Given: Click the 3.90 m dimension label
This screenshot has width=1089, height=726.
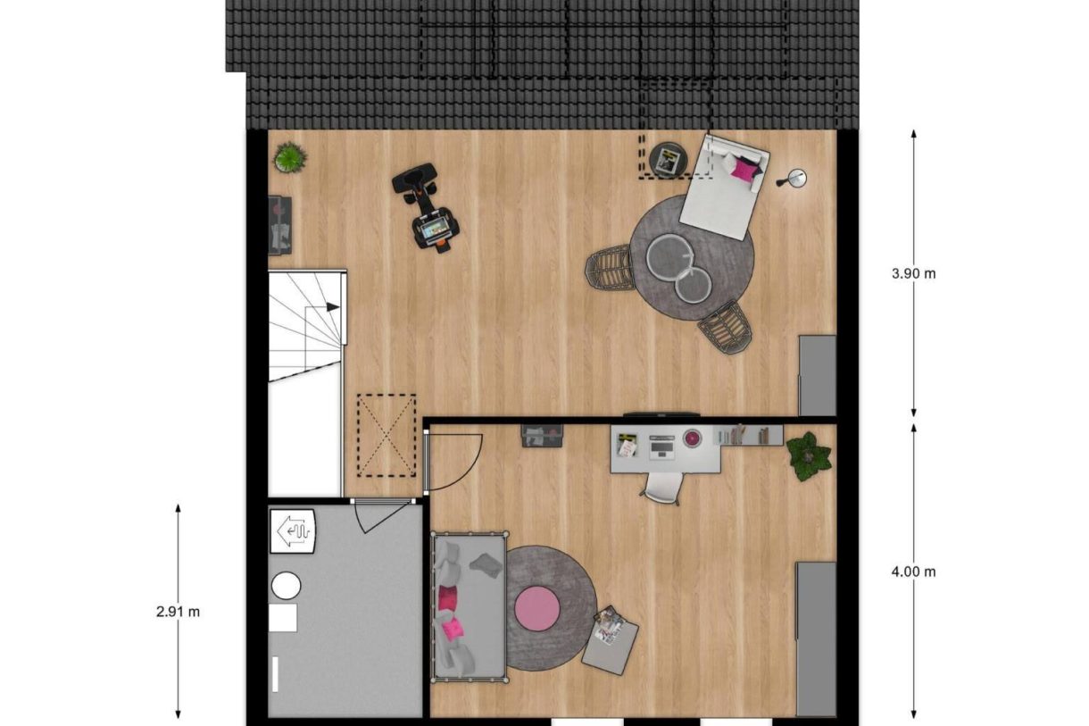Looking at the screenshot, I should (x=913, y=274).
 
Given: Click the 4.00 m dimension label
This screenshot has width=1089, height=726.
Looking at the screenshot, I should (x=913, y=572).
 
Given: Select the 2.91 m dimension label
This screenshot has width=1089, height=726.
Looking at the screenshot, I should (x=178, y=613).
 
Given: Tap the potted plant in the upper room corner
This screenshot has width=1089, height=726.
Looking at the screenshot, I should (x=289, y=158).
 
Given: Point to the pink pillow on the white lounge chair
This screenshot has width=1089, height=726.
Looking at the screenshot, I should (x=743, y=167).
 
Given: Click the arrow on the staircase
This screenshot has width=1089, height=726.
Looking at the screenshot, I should (x=331, y=307).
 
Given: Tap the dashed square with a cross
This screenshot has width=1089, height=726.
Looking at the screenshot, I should (x=387, y=435).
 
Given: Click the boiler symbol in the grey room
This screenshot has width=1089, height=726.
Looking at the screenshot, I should (x=294, y=532).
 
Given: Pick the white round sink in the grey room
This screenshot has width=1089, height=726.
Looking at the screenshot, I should (x=286, y=586).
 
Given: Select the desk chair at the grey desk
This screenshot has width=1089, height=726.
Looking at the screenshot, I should (x=663, y=487).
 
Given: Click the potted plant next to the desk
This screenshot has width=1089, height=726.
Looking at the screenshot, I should (x=809, y=455).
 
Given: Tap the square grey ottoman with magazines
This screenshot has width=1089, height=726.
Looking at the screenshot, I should (x=611, y=639).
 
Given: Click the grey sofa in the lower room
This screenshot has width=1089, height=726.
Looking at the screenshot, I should (x=468, y=605).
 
